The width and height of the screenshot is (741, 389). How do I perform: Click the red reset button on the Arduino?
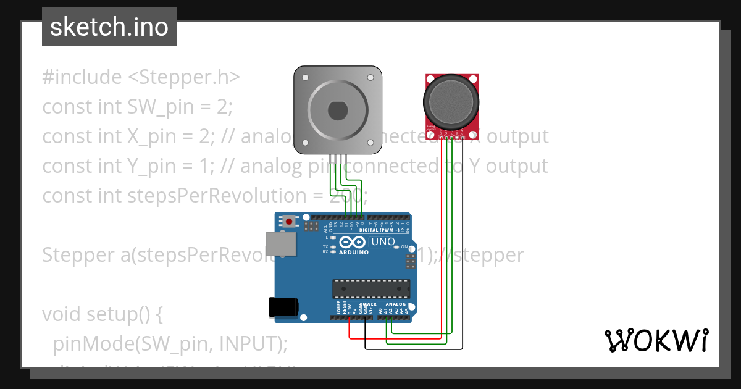tap(289, 221)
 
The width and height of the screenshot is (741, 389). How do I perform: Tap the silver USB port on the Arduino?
tap(280, 245)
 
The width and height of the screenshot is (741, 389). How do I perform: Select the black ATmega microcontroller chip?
tap(371, 288)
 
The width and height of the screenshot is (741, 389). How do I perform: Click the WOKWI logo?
tap(656, 340)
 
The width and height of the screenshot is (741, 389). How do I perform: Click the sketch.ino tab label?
tap(109, 27)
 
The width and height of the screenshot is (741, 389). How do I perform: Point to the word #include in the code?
tap(82, 77)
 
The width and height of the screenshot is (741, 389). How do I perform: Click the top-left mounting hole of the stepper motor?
tap(305, 78)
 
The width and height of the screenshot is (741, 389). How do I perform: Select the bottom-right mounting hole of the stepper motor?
tap(371, 144)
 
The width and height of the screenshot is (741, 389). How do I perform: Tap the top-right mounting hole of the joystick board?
tap(474, 78)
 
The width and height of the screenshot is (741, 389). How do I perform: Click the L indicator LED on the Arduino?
tap(333, 238)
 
